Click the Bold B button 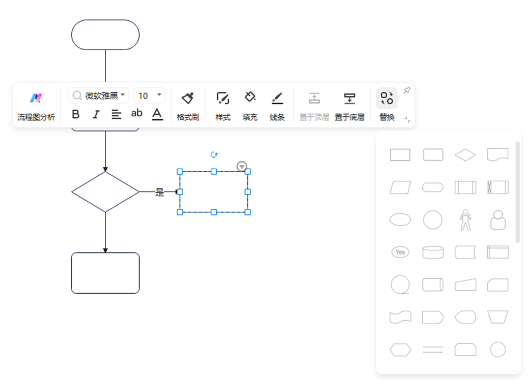click(76, 114)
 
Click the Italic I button click(96, 114)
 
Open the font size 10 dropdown click(149, 95)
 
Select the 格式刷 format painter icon click(188, 99)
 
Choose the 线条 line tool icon click(277, 99)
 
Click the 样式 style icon click(223, 99)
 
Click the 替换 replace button click(387, 99)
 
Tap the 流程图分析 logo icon click(36, 99)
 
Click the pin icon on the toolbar click(407, 90)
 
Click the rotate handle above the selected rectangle click(214, 155)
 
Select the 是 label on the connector click(159, 192)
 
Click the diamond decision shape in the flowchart click(105, 192)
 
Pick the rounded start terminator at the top click(105, 35)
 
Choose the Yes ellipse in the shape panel click(400, 252)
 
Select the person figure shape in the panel click(465, 220)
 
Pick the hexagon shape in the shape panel click(400, 349)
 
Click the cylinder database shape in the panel click(433, 252)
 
